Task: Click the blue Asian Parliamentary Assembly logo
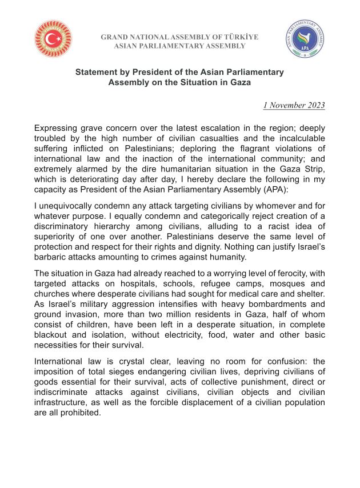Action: click(x=306, y=39)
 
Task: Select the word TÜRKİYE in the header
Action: click(x=241, y=37)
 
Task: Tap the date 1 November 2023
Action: click(x=294, y=105)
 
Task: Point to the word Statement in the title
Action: click(x=97, y=73)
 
